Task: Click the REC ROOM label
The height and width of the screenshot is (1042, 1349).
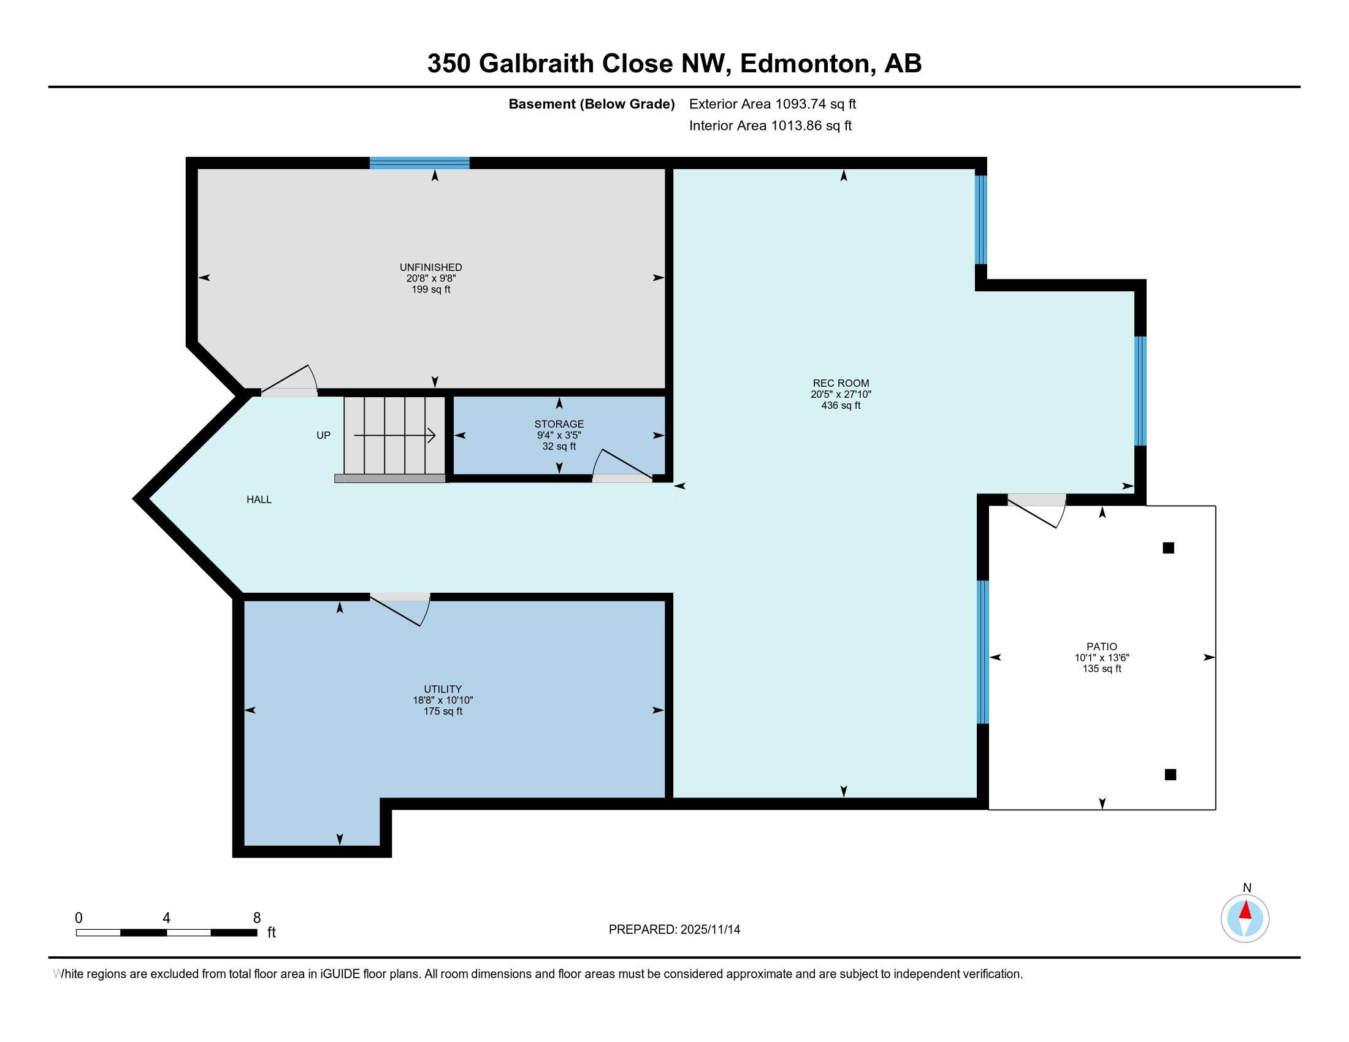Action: (841, 383)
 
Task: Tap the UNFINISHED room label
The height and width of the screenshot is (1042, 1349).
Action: (430, 267)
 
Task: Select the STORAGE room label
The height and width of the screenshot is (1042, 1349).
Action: (559, 424)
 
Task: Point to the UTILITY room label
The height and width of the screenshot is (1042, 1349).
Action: (443, 689)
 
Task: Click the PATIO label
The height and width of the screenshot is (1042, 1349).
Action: (1102, 647)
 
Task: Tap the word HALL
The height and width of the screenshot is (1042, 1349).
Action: (259, 500)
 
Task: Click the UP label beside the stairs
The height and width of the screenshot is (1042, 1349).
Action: (323, 435)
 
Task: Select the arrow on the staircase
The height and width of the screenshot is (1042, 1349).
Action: (395, 436)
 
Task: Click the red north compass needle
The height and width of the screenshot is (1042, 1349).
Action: (1245, 910)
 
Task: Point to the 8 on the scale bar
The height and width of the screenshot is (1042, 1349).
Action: (257, 918)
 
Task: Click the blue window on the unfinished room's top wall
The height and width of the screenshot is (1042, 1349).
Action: (419, 163)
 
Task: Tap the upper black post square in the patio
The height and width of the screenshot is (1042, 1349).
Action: (1168, 547)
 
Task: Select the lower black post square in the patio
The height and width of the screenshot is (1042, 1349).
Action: (1170, 774)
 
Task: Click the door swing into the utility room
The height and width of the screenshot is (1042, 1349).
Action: (400, 610)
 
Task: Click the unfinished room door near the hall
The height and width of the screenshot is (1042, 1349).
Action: (289, 380)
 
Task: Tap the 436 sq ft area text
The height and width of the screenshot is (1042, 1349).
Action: (841, 406)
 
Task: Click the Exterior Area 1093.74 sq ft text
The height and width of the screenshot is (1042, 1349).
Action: (773, 104)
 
